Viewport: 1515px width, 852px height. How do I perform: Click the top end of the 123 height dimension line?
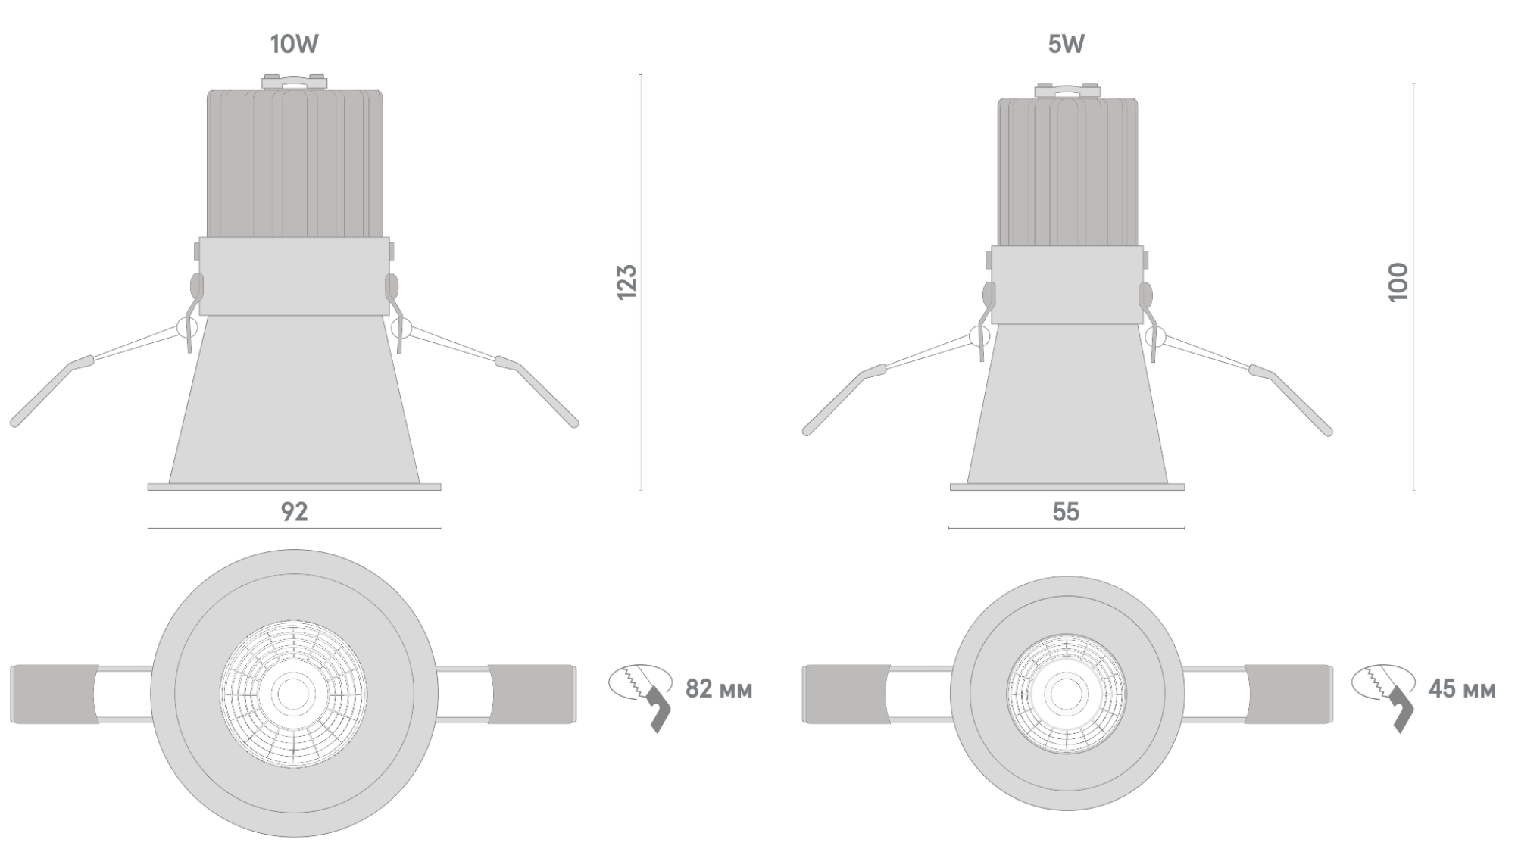641,74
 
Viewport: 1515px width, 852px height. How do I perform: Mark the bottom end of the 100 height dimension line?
1413,490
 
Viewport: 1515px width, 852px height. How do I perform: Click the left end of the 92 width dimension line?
148,527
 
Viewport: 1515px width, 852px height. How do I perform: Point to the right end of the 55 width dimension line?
1185,528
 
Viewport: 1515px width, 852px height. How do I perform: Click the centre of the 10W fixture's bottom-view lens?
294,692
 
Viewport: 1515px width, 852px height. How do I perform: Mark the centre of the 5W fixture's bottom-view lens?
1066,693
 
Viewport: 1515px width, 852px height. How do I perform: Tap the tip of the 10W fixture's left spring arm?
14,423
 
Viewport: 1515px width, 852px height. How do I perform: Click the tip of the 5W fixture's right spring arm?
1328,432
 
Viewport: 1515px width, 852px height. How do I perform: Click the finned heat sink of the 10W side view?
295,164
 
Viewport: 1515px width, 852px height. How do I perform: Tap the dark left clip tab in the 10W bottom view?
55,694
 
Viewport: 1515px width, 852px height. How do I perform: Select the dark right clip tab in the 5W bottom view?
1289,694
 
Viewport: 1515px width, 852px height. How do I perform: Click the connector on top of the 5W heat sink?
1067,90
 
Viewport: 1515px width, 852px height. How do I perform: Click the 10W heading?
295,45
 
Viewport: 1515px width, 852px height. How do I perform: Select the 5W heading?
1066,45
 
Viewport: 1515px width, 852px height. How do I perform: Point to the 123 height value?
627,282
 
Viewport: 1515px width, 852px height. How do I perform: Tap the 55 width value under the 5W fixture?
1066,512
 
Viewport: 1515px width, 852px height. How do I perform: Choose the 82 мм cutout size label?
719,689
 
